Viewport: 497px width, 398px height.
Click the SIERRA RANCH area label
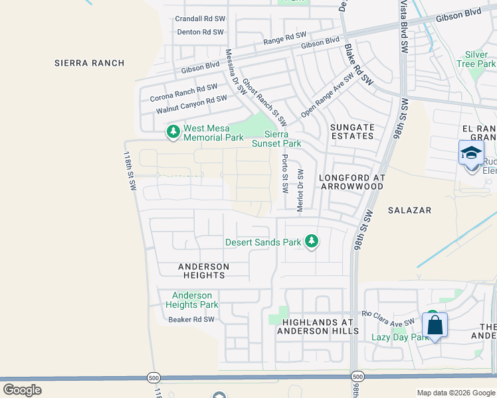pos(90,63)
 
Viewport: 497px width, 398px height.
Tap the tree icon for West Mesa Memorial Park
pos(173,132)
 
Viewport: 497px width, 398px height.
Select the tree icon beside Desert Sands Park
pos(311,241)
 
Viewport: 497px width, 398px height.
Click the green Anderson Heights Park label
pos(191,300)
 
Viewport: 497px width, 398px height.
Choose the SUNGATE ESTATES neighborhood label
pos(352,131)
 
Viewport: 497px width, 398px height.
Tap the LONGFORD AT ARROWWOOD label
pos(351,182)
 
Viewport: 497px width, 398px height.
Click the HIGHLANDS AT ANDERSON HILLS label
pos(320,326)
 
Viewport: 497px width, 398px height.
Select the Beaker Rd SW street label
pos(191,320)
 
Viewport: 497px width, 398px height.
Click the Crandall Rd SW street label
pos(200,19)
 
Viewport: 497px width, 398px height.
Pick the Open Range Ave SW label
pos(327,95)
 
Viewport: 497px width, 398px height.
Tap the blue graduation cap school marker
pos(472,153)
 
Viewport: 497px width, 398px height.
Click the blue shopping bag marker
pos(435,326)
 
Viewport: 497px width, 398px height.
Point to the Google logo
pos(22,390)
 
